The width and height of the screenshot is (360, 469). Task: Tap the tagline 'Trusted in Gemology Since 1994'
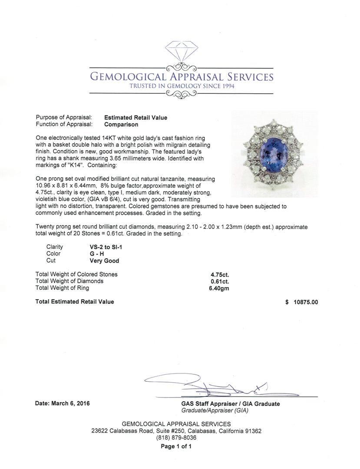182,86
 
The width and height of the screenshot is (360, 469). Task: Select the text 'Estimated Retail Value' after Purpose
135,118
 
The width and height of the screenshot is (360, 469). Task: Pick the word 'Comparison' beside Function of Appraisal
121,125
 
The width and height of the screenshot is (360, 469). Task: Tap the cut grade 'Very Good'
104,261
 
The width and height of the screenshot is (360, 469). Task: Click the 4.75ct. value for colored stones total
220,274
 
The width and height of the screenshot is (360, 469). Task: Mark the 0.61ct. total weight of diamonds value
220,281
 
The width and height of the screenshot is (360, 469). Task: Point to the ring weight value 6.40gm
220,288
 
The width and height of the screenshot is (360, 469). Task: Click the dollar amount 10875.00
305,302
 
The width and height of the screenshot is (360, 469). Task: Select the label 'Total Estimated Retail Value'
75,302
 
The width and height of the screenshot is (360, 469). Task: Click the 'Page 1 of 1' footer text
176,446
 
